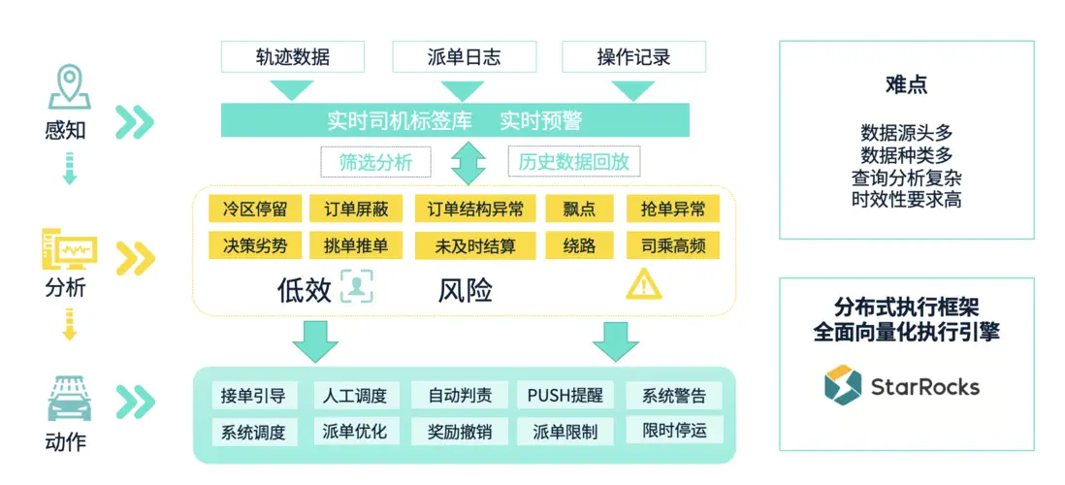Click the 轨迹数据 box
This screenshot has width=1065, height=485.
pos(292,56)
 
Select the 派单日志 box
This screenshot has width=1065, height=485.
pos(464,56)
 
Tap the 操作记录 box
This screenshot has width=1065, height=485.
pos(633,56)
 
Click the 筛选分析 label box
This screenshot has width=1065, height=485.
pos(375,162)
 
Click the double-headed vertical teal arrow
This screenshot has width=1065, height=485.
pos(468,162)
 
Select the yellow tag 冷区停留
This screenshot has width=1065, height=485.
pos(255,209)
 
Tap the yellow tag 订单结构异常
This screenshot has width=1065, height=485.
pos(475,209)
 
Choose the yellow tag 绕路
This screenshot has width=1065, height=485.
pos(579,245)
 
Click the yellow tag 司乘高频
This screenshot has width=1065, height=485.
pos(673,245)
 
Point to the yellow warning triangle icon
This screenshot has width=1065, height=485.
pos(643,284)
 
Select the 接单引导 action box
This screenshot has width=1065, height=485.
pos(253,395)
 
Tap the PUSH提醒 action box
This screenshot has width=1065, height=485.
pos(565,395)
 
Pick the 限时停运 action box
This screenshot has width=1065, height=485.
pos(674,431)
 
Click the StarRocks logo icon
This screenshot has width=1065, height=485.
pos(842,385)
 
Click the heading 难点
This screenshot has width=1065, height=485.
pos(906,84)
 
